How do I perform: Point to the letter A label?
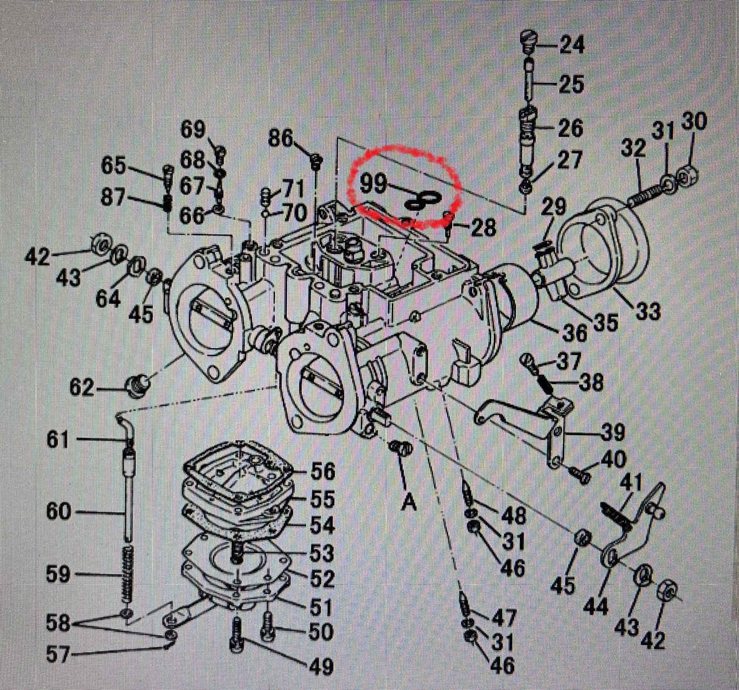point(409,505)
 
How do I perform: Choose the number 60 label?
point(58,512)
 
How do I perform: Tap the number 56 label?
point(322,471)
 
